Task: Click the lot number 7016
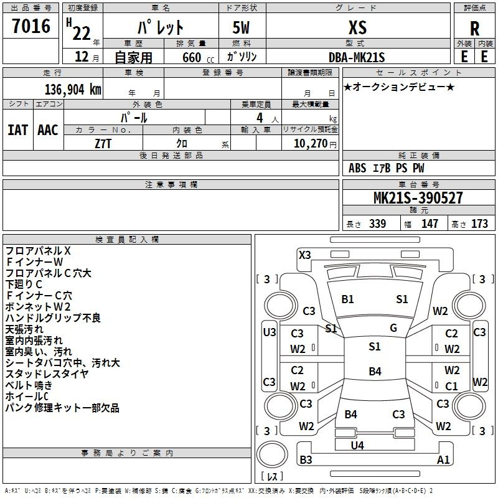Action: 31,26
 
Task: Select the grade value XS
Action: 357,27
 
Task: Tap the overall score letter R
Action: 474,29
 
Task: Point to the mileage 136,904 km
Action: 73,90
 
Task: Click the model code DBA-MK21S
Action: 357,57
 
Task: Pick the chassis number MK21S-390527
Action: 418,198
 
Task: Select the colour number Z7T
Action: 103,144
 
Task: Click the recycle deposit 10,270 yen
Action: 315,144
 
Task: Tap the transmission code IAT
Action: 17,130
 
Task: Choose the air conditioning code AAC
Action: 48,130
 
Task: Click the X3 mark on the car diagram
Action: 305,255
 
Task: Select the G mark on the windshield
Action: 393,327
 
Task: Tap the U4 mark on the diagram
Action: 357,445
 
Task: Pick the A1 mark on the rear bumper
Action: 443,459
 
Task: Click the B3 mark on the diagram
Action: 306,459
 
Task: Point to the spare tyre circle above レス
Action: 272,454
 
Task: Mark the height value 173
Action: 479,223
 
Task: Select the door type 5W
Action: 241,27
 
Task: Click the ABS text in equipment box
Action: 357,168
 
